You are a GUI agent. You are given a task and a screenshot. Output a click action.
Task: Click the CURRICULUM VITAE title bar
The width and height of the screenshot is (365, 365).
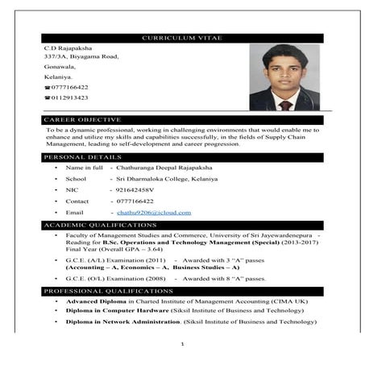(182, 38)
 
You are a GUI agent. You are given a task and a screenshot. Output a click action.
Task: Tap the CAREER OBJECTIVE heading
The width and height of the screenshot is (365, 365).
(82, 118)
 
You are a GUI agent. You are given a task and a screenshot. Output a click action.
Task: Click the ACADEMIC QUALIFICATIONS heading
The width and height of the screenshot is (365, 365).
(100, 224)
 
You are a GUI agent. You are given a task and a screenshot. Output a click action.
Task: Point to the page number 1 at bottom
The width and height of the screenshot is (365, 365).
(183, 345)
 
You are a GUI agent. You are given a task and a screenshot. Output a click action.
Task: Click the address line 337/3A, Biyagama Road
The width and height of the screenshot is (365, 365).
(81, 57)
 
